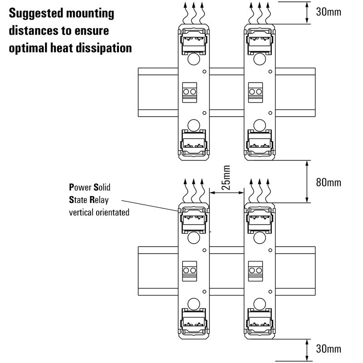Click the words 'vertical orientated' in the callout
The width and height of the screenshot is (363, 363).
click(x=99, y=212)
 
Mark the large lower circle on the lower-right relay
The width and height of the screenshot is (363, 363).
click(x=259, y=303)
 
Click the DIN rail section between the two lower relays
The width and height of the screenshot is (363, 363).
click(x=227, y=270)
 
